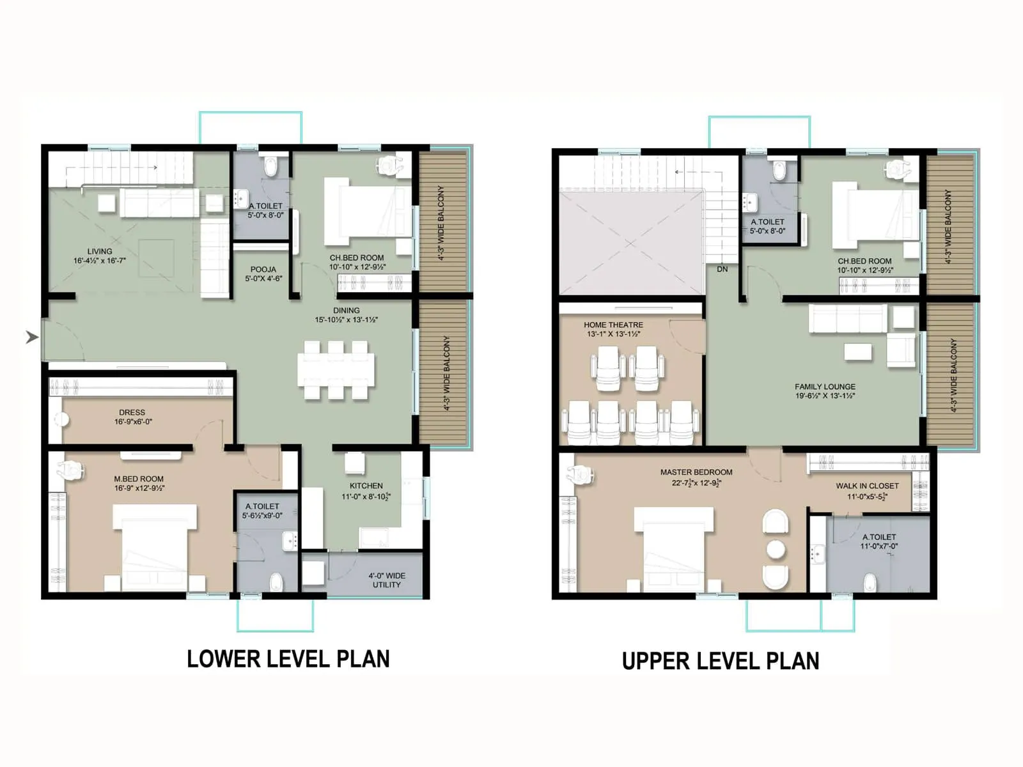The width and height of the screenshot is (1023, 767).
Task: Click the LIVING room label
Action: tap(100, 251)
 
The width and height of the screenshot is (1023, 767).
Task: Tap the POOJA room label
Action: tap(263, 269)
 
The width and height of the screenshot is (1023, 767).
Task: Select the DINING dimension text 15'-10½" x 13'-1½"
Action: tap(346, 320)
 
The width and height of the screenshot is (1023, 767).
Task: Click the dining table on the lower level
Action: tap(336, 370)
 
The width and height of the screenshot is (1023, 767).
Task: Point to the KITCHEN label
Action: tap(366, 486)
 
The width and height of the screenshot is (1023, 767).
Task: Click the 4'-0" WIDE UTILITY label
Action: tap(387, 580)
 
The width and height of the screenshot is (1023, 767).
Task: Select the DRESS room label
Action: tap(132, 412)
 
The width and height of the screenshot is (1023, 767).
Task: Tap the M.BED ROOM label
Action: tap(139, 479)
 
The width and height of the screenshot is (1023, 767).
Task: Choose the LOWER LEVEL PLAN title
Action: tap(288, 659)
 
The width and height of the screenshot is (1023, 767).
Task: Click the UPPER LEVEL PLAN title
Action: tap(721, 661)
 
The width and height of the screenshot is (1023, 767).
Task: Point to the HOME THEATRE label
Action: tap(613, 325)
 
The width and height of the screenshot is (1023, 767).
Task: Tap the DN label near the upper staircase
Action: tap(722, 269)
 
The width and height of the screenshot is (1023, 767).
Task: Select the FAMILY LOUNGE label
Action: tap(825, 387)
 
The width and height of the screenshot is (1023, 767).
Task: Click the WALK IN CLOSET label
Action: tap(867, 486)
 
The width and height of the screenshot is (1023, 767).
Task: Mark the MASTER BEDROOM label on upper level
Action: tap(696, 472)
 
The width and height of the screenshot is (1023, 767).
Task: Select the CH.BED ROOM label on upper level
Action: tap(864, 261)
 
